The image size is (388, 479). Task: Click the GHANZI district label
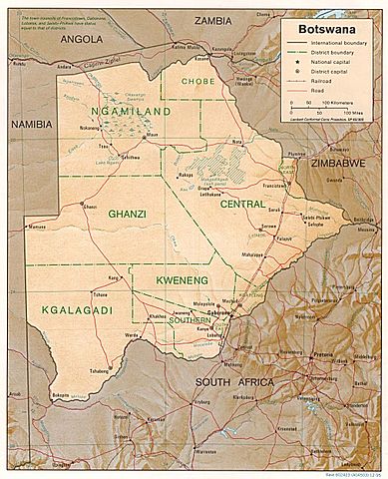(128, 214)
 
